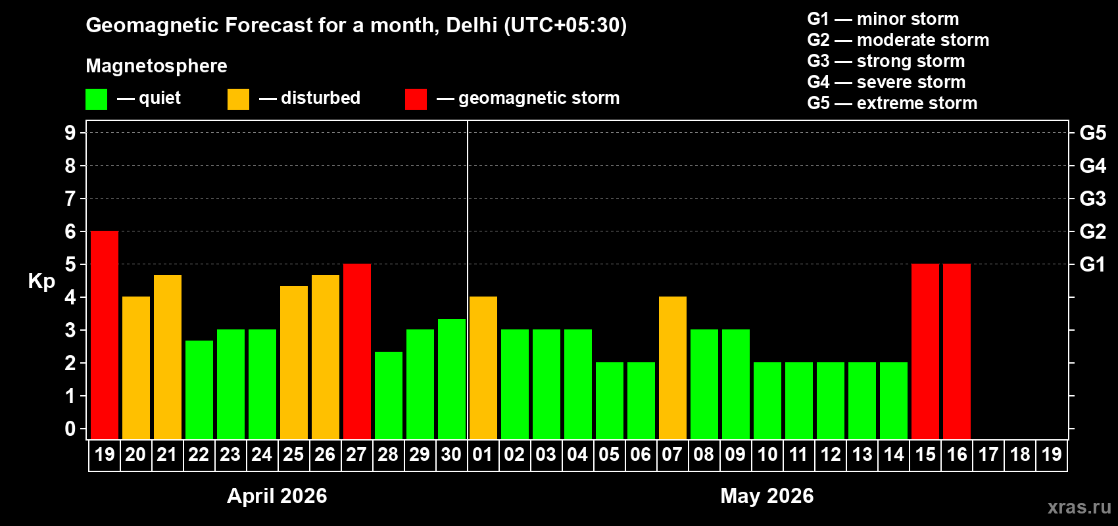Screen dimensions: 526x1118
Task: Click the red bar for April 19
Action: point(105,335)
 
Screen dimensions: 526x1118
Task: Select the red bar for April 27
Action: point(357,352)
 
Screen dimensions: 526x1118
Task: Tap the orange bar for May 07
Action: point(673,368)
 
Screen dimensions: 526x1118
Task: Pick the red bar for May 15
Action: point(925,352)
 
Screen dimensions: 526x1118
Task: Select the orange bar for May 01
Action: point(483,368)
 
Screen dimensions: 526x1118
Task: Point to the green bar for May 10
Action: point(767,401)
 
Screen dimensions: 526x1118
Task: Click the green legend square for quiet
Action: point(97,99)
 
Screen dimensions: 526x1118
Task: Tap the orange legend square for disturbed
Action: point(238,99)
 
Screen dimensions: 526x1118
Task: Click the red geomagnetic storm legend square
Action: point(416,99)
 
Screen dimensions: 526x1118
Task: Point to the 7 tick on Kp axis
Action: point(70,199)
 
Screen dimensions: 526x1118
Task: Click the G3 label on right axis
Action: point(1092,199)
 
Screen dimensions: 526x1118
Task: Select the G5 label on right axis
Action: point(1092,133)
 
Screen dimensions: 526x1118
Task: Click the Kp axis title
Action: point(41,281)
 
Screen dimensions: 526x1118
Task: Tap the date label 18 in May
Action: point(1020,455)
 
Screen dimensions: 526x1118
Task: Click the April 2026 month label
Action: point(277,496)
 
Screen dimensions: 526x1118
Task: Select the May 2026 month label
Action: point(767,496)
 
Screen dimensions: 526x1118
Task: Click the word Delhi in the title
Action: point(472,26)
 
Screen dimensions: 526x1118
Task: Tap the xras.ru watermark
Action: point(1079,507)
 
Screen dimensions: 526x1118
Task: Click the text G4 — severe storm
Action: point(887,82)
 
